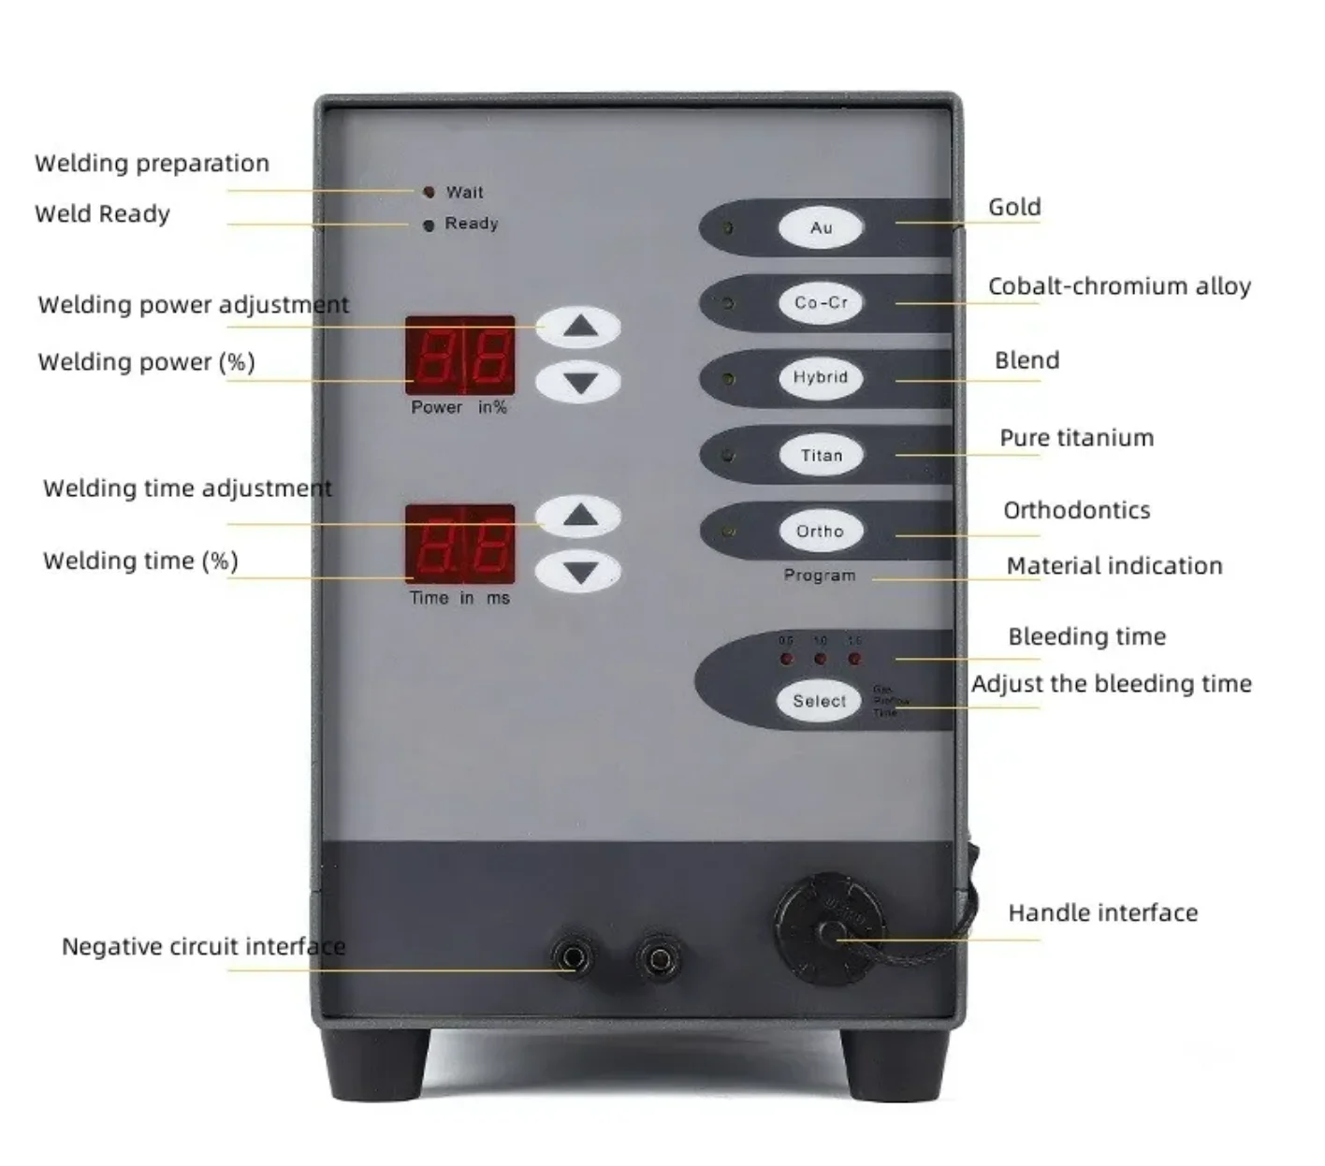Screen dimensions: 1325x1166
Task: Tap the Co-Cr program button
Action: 821,303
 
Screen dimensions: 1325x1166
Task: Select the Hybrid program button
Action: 821,378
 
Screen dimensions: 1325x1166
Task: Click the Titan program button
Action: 821,456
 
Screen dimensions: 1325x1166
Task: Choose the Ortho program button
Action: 821,532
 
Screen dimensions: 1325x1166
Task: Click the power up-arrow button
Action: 579,327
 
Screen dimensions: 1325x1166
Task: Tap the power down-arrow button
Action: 579,383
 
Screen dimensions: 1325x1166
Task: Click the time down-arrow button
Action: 579,572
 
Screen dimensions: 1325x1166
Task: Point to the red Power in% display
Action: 460,356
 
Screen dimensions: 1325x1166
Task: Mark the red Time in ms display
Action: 460,544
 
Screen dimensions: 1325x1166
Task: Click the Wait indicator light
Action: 429,192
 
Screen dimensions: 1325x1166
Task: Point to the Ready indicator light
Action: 429,226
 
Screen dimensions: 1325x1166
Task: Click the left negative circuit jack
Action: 572,958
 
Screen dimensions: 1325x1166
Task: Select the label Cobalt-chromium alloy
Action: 1119,286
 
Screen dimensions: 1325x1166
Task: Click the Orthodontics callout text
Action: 1076,510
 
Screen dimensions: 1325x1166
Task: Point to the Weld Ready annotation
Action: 102,214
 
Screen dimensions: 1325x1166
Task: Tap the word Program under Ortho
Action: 820,576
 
